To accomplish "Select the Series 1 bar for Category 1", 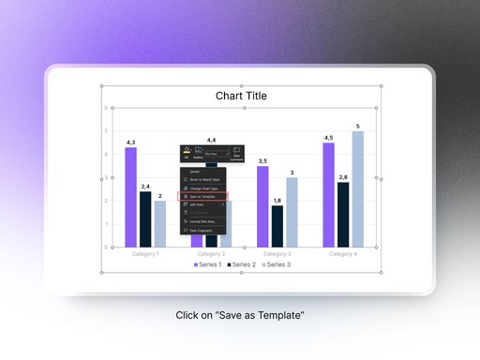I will tap(130, 197).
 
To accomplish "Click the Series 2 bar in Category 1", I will tap(145, 219).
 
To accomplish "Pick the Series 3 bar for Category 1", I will tap(160, 224).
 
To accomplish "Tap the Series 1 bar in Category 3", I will tap(262, 206).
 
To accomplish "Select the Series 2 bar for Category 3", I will tap(277, 226).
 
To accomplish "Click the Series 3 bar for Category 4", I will tap(357, 188).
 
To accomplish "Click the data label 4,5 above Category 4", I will tap(328, 138).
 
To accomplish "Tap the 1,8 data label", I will tap(277, 201).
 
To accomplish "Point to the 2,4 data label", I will tap(145, 187).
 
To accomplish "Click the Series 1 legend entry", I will tap(208, 265).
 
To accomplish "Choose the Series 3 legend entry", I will tap(277, 265).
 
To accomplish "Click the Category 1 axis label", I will tap(145, 254).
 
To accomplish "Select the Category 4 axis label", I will tap(343, 254).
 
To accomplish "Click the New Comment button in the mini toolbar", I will tap(236, 155).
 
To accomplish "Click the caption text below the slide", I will tap(240, 316).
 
